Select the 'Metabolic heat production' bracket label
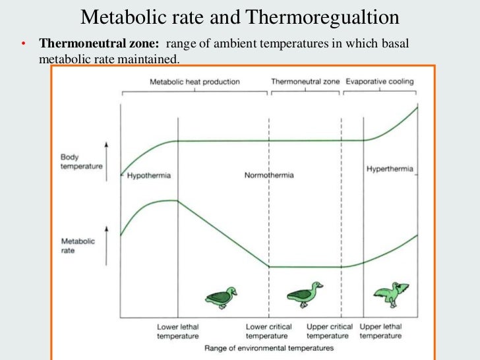(195, 82)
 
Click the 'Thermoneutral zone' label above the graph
(305, 82)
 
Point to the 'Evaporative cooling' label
(380, 82)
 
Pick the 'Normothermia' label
(269, 176)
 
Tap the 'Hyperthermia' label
(390, 169)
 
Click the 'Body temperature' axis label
(81, 162)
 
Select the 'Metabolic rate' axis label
(78, 245)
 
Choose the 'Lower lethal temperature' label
(177, 331)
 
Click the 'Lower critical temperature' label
(268, 331)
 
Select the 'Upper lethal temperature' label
(380, 331)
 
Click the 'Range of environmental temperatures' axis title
(269, 347)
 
